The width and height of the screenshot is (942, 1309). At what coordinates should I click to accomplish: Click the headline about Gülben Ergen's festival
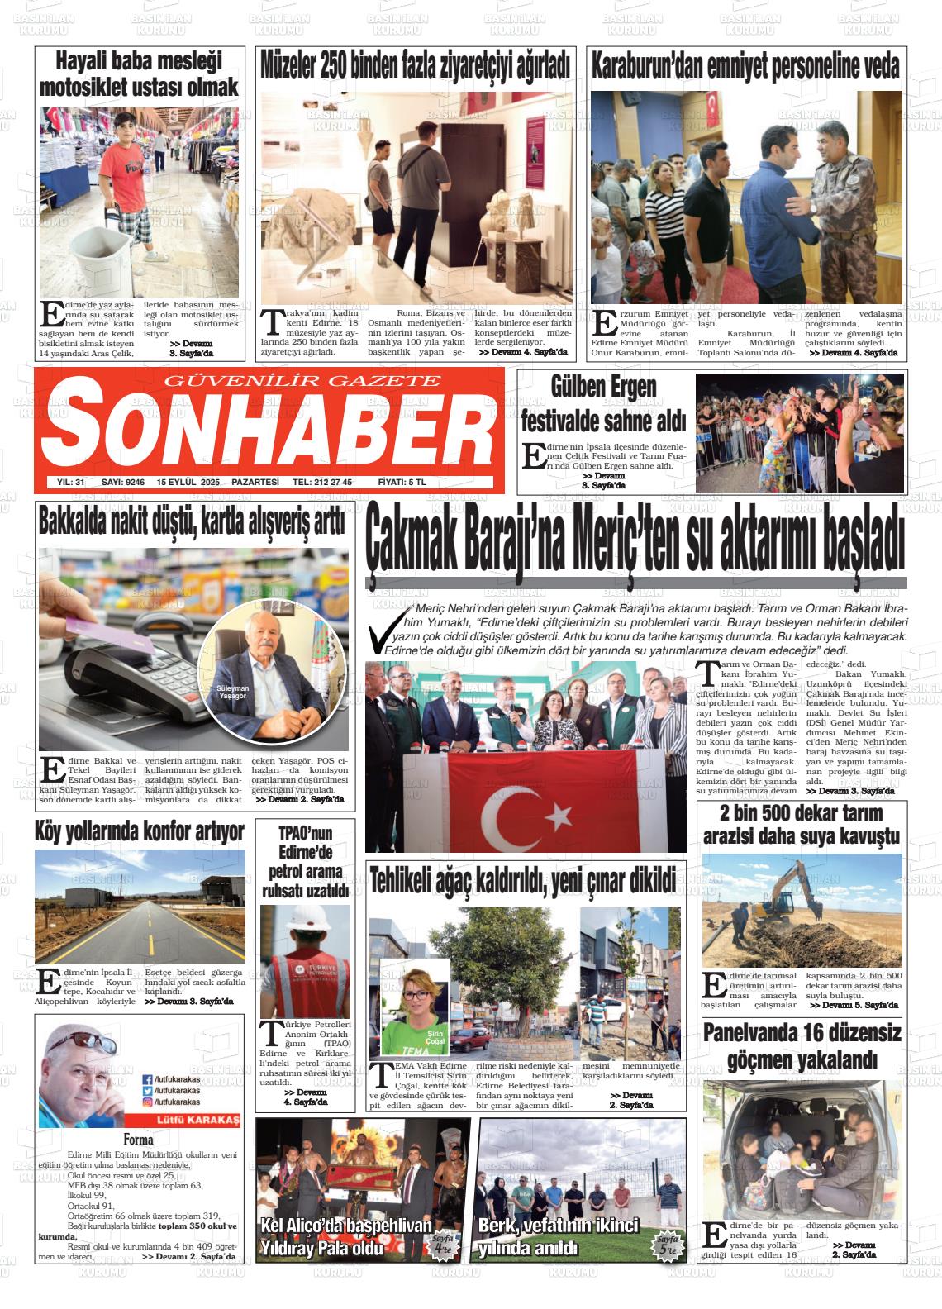[x=603, y=403]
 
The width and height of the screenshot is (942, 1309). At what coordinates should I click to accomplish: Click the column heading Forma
[x=138, y=1140]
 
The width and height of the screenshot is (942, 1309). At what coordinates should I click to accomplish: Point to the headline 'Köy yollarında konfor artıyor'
[x=140, y=831]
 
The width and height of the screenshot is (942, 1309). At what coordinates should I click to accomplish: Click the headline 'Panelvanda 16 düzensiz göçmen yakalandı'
[x=802, y=1045]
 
